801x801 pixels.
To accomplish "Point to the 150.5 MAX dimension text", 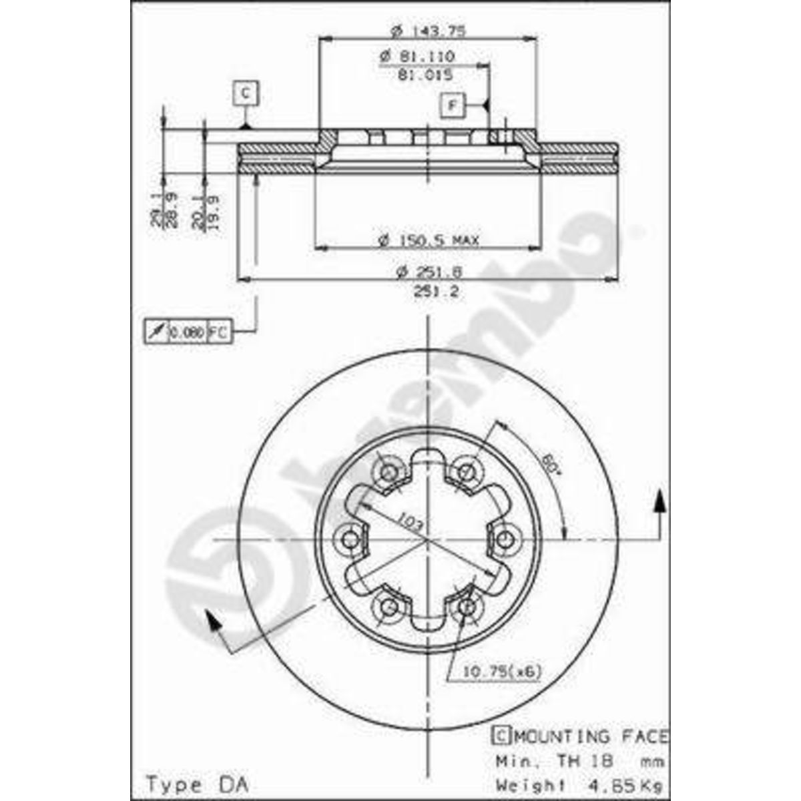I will click(428, 240).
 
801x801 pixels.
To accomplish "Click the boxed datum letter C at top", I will click(246, 93).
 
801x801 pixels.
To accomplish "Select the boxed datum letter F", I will click(452, 105).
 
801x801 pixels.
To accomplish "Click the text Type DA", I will click(197, 784).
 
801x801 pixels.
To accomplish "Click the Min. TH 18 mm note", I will click(579, 760).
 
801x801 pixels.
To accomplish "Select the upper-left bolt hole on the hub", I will click(388, 471).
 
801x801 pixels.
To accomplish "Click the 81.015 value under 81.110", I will click(425, 75).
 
